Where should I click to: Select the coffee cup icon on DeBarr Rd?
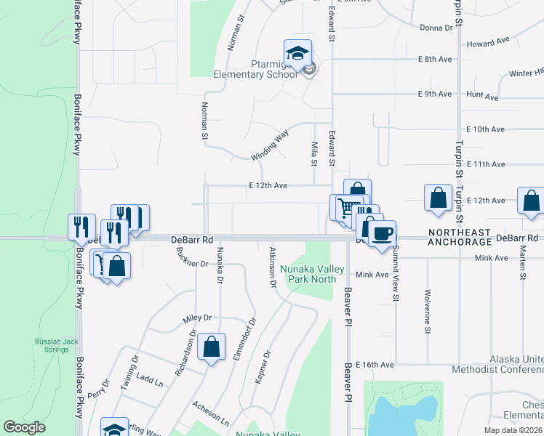(x=382, y=234)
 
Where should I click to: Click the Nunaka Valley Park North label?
(x=313, y=273)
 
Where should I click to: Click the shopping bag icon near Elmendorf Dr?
(x=211, y=347)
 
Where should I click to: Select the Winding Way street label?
(x=270, y=145)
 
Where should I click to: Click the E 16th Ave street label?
(x=375, y=364)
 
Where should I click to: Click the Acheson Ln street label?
(x=211, y=413)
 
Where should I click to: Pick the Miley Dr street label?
(x=196, y=318)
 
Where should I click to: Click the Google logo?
(x=24, y=427)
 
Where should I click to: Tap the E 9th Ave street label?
(x=435, y=94)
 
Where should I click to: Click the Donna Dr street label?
(x=436, y=28)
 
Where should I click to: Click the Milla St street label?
(x=314, y=153)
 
